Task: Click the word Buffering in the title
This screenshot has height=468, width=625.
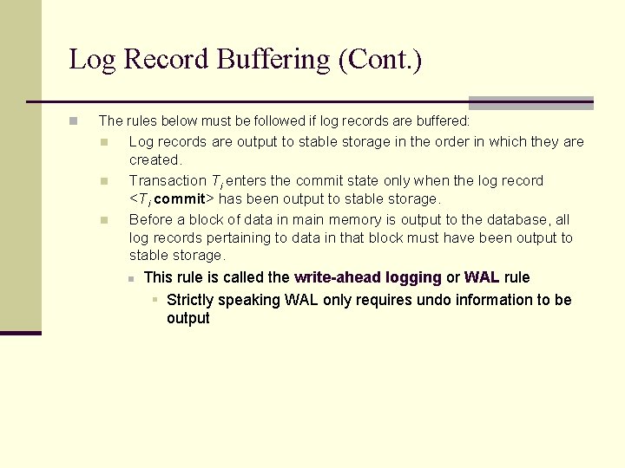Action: pyautogui.click(x=274, y=60)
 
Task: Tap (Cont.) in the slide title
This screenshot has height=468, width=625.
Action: pyautogui.click(x=381, y=60)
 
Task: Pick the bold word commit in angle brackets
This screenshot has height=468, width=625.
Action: pyautogui.click(x=179, y=199)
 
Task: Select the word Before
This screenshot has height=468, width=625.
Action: pyautogui.click(x=151, y=220)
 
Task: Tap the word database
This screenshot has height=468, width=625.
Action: pyautogui.click(x=519, y=220)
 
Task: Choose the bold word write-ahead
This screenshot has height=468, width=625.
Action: pyautogui.click(x=336, y=277)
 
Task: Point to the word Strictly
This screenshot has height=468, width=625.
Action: pyautogui.click(x=193, y=300)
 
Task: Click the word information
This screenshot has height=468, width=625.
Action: pyautogui.click(x=499, y=300)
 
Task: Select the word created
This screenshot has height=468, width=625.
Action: pyautogui.click(x=155, y=159)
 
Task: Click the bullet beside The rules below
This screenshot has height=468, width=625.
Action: pyautogui.click(x=75, y=121)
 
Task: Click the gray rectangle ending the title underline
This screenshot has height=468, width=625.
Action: pyautogui.click(x=530, y=102)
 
